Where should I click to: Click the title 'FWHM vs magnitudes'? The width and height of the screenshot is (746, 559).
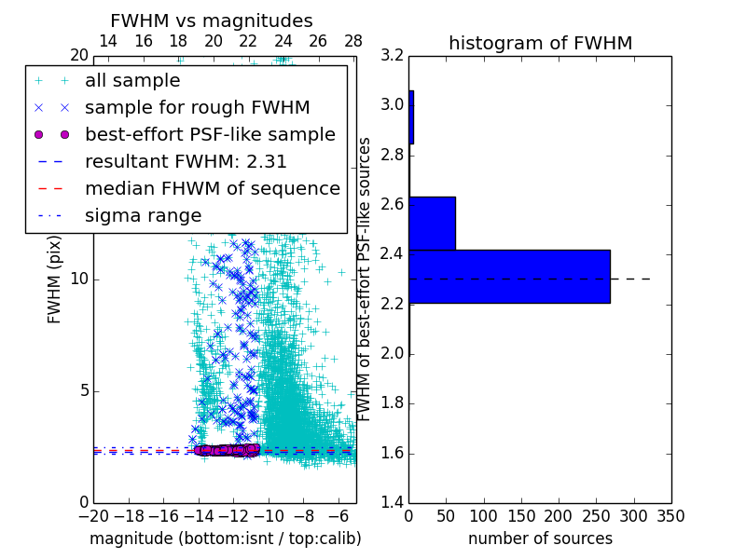click(x=212, y=20)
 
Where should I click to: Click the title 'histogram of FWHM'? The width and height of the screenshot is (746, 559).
click(x=540, y=43)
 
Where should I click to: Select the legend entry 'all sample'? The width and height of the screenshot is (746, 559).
click(x=132, y=81)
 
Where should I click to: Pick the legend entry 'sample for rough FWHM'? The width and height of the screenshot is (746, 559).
click(x=197, y=108)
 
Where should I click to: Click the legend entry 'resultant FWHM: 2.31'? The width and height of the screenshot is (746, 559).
click(x=186, y=162)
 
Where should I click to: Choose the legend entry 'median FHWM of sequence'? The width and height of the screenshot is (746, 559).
click(x=212, y=189)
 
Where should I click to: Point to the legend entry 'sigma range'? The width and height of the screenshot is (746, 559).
click(x=143, y=216)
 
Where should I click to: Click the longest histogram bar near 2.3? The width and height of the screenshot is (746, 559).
click(x=509, y=276)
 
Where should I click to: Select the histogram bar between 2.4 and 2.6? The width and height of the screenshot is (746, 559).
click(x=432, y=224)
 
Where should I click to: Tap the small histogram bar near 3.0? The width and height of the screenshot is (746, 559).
click(x=411, y=116)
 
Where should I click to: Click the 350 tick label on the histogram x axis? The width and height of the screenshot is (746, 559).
click(x=671, y=515)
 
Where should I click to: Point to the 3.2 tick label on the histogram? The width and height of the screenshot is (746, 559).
click(x=392, y=55)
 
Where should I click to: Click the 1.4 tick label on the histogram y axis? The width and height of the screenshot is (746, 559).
click(x=392, y=503)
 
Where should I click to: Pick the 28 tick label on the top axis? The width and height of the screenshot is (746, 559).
click(x=353, y=41)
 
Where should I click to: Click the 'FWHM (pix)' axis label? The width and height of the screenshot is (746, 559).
click(x=54, y=279)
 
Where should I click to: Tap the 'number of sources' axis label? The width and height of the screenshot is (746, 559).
click(x=540, y=539)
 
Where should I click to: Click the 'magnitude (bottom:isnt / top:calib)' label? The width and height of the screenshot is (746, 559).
click(x=225, y=539)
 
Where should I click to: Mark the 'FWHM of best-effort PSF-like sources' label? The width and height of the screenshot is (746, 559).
click(x=366, y=279)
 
